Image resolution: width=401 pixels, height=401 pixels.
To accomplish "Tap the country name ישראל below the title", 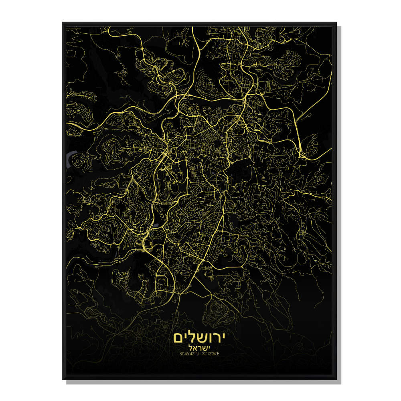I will click(200, 347).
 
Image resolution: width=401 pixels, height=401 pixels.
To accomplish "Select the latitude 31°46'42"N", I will click(188, 354).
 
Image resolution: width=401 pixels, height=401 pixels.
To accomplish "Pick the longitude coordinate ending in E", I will click(214, 354).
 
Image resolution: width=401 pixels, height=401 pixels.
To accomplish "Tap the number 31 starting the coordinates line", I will click(182, 354).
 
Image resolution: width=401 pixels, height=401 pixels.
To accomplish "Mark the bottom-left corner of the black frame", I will click(63, 379).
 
